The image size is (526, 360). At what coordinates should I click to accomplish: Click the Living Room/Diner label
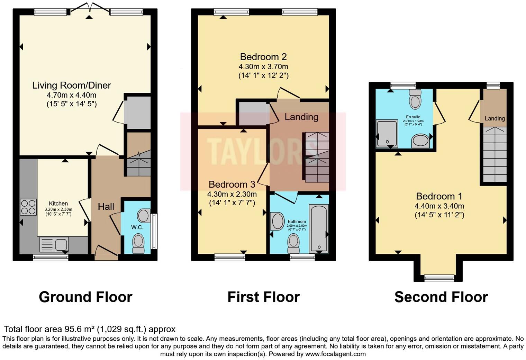point(72,85)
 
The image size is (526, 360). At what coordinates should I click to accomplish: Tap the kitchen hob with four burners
point(28,207)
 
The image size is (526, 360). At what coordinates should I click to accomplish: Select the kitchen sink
point(54,245)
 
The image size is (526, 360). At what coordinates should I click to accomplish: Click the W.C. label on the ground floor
point(137,227)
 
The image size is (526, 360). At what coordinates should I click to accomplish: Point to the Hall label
point(106,207)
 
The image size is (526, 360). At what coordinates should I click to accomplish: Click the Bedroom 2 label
point(263,57)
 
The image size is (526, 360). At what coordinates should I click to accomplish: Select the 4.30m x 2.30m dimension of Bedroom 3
point(232,194)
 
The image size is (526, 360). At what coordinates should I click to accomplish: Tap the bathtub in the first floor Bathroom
point(319,228)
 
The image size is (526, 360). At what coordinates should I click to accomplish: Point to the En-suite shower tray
point(387,134)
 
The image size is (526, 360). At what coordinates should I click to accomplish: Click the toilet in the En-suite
point(415,99)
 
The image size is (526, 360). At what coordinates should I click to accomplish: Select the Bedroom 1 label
point(439,196)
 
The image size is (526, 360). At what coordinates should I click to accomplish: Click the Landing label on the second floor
point(495,118)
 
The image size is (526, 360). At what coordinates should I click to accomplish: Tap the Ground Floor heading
point(85,297)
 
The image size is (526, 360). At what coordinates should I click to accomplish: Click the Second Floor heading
point(441,297)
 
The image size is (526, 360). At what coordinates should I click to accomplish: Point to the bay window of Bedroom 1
point(439,277)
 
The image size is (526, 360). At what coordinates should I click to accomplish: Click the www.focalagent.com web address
point(335,354)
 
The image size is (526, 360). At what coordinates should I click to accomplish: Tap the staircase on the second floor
point(495,154)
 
